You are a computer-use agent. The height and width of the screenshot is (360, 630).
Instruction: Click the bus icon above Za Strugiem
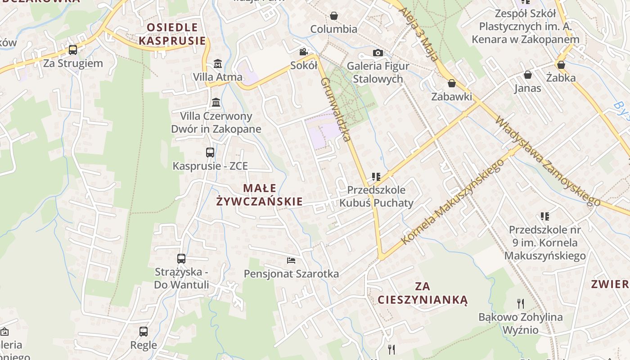coord(73,50)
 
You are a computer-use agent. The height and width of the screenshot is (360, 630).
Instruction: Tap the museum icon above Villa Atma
coord(218,63)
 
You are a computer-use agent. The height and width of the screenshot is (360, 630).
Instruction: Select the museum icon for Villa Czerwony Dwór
coord(216,103)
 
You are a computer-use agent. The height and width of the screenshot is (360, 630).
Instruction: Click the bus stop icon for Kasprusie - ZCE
coord(210,153)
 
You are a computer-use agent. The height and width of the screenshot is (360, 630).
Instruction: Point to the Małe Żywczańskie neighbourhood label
coord(259,194)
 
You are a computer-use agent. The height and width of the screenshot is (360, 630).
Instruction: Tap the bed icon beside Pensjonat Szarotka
coord(291,261)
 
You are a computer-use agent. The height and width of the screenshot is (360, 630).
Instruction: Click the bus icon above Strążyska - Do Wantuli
coord(181,259)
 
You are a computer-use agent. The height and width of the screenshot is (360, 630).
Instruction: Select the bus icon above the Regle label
coord(144,332)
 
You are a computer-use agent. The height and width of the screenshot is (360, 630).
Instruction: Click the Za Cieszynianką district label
coord(423,293)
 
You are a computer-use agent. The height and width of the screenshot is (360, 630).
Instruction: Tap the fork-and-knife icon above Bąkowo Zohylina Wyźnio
coord(521,304)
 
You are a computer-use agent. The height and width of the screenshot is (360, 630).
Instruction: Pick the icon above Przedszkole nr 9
coord(545,216)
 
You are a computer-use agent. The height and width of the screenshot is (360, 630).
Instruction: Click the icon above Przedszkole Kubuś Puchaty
coord(376,177)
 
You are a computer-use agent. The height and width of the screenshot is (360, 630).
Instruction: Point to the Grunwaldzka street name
coord(335,109)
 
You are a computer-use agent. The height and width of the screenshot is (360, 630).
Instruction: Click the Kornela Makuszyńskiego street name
coord(452,202)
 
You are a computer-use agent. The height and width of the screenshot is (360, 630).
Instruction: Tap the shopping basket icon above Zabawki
coord(452,84)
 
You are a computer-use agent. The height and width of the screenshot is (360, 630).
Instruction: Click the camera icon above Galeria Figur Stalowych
coord(378,53)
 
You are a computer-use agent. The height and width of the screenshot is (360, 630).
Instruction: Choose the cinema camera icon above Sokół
coord(304,52)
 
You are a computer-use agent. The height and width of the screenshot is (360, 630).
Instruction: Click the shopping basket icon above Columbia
coord(334,16)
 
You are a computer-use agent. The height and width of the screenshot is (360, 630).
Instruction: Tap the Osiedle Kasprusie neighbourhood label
coord(172,34)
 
